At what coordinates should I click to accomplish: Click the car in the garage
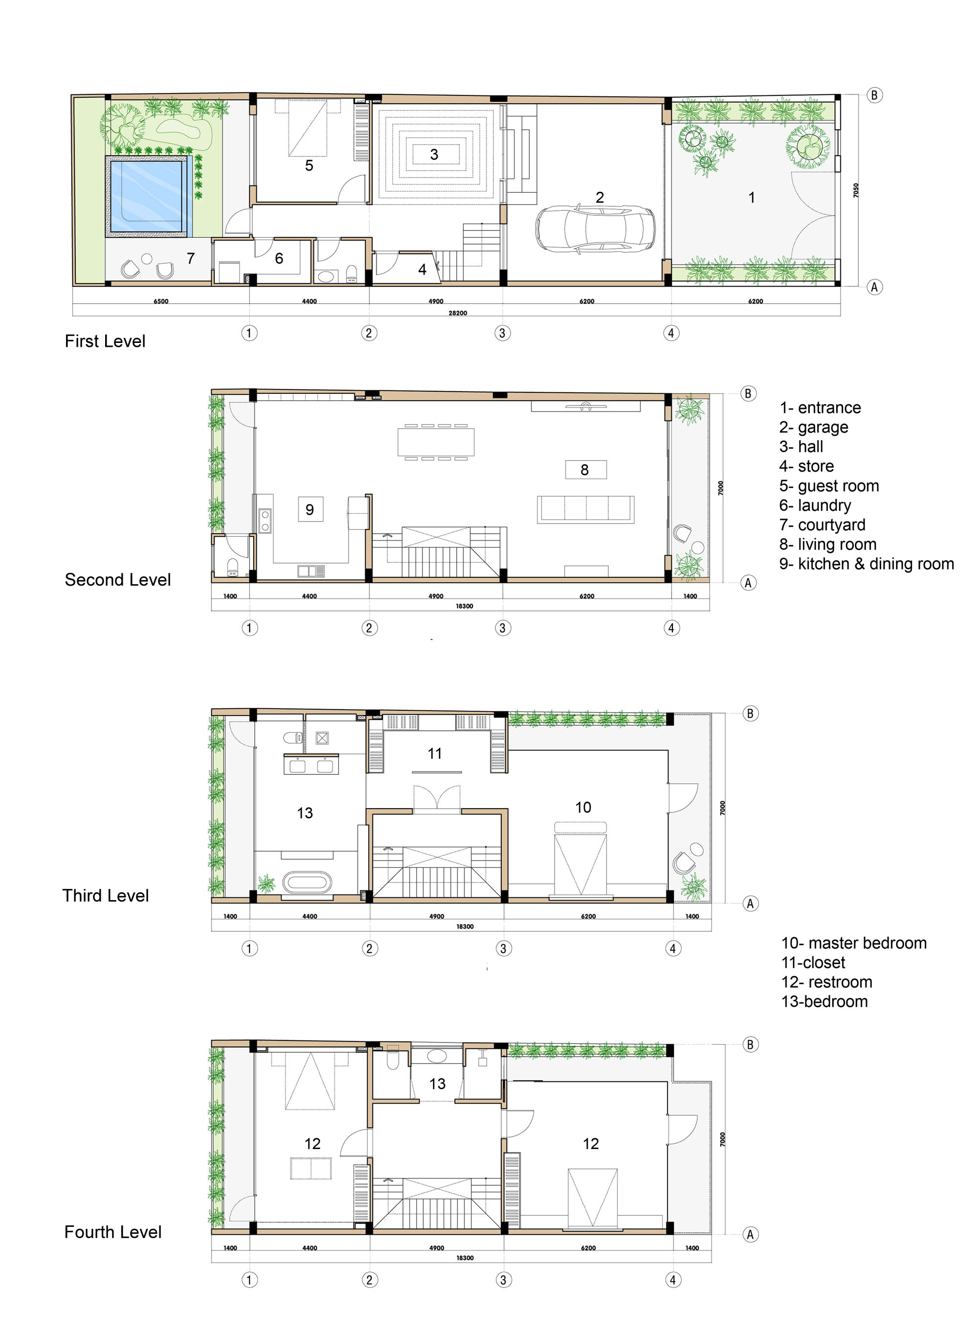(x=595, y=228)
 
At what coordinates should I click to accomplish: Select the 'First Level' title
(x=105, y=341)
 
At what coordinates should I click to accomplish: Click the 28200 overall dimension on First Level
(x=458, y=313)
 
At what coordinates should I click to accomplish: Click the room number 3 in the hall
(x=434, y=155)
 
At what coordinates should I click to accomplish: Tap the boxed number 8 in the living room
(x=585, y=470)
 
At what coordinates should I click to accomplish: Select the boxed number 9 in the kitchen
(x=310, y=509)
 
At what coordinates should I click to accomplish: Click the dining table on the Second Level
(x=436, y=442)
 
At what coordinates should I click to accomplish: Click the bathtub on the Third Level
(x=307, y=882)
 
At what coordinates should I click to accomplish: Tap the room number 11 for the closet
(x=435, y=754)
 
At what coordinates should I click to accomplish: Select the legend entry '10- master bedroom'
(x=854, y=943)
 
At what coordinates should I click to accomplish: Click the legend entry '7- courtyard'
(x=822, y=525)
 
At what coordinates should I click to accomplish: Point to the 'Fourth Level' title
(x=113, y=1232)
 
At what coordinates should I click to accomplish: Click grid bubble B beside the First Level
(x=874, y=95)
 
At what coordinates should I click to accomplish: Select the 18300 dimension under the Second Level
(x=464, y=606)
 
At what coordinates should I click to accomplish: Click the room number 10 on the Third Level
(x=583, y=808)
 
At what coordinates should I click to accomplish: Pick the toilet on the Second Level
(x=233, y=565)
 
